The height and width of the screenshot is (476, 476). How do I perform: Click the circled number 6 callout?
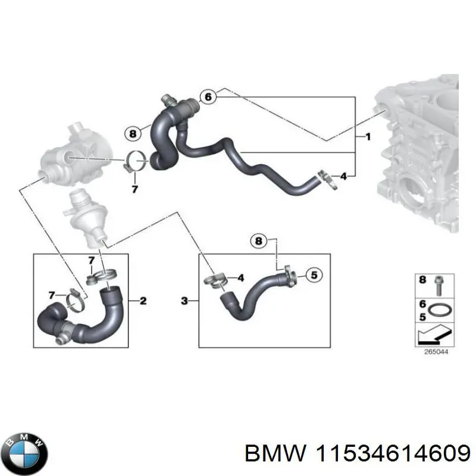pyautogui.click(x=207, y=96)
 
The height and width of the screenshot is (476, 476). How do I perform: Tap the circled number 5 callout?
pyautogui.click(x=314, y=274)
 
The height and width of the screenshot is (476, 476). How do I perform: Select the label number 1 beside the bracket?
pyautogui.click(x=368, y=137)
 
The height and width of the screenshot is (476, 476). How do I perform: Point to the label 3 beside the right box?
pyautogui.click(x=184, y=302)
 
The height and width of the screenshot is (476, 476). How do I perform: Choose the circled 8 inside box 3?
pyautogui.click(x=258, y=240)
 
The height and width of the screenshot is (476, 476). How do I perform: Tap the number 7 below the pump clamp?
pyautogui.click(x=134, y=189)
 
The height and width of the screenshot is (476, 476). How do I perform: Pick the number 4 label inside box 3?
pyautogui.click(x=240, y=277)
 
